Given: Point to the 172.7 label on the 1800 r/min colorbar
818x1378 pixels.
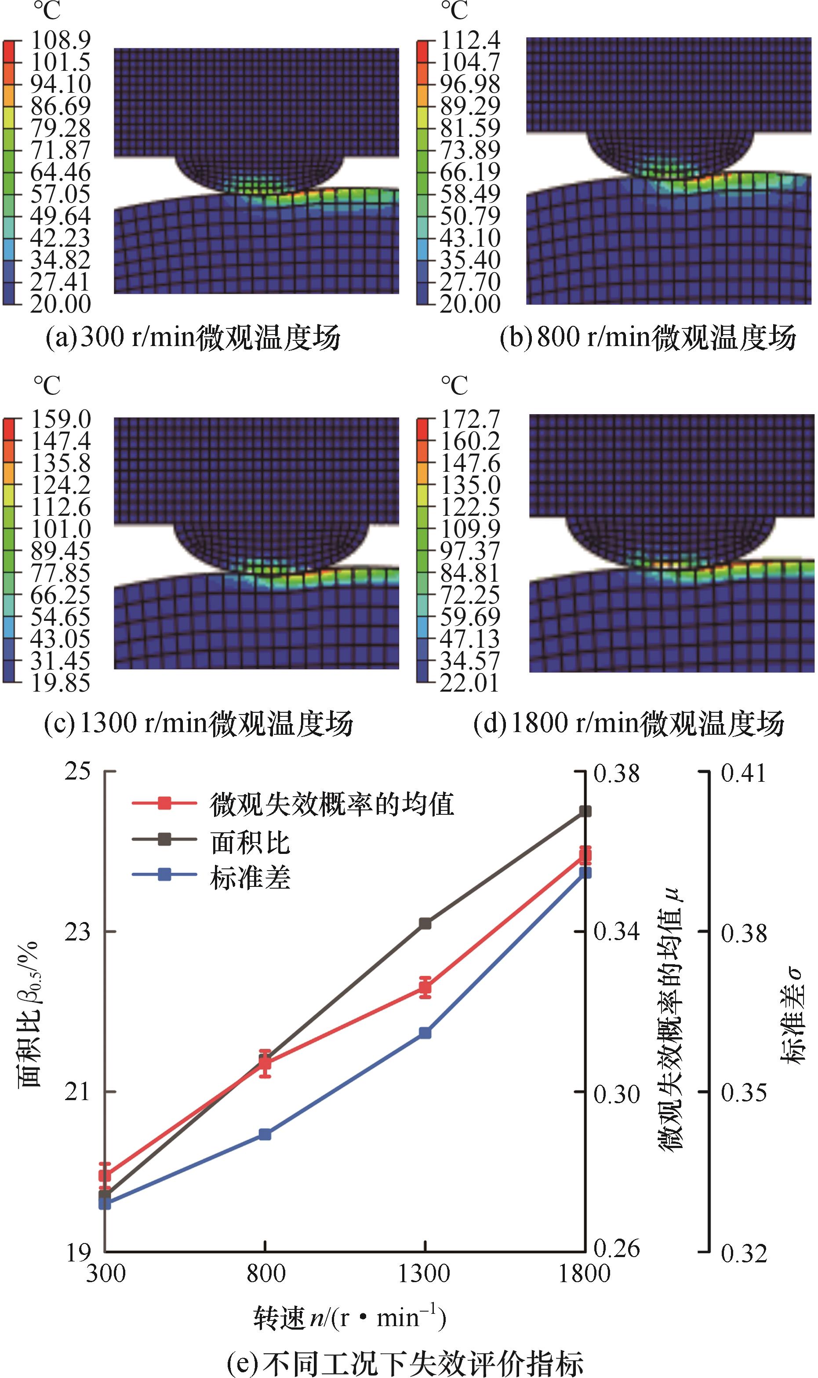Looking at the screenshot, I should coord(469,419).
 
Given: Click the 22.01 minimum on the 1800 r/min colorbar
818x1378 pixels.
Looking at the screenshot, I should coord(469,683).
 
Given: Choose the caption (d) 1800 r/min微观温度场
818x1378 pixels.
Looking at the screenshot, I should coord(629,723).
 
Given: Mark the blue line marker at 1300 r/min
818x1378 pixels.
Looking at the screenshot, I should coord(425,1033).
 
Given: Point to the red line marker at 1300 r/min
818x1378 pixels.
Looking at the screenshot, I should coord(425,987).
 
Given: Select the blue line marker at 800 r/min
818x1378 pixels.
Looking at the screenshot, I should coord(265,1134).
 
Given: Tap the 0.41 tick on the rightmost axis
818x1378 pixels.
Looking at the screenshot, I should coord(744,773).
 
